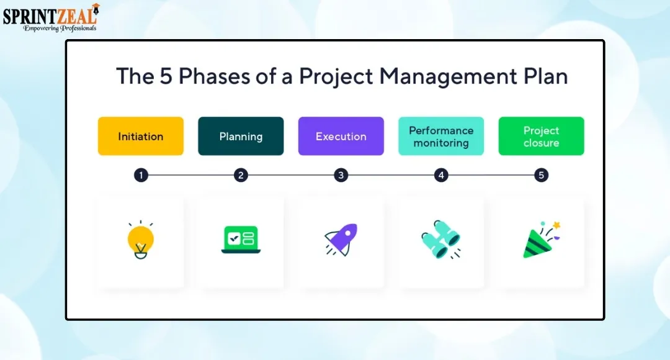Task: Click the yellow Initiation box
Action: tap(141, 136)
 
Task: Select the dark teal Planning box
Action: tap(241, 136)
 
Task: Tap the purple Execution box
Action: tap(341, 136)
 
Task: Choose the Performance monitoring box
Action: tap(441, 136)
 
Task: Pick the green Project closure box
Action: tap(541, 136)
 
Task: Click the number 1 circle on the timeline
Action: tap(141, 175)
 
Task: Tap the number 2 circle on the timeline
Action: tap(241, 175)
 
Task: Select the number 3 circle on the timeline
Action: tap(341, 175)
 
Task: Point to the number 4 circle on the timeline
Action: tap(441, 175)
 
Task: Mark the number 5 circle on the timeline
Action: tap(541, 175)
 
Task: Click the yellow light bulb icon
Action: tap(141, 240)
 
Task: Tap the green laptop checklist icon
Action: tap(241, 240)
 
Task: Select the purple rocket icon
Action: tap(341, 240)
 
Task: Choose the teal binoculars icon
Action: tap(441, 240)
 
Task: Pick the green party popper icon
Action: tap(541, 240)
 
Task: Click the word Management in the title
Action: tap(449, 76)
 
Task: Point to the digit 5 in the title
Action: tap(166, 76)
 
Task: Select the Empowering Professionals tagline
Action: tap(60, 28)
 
